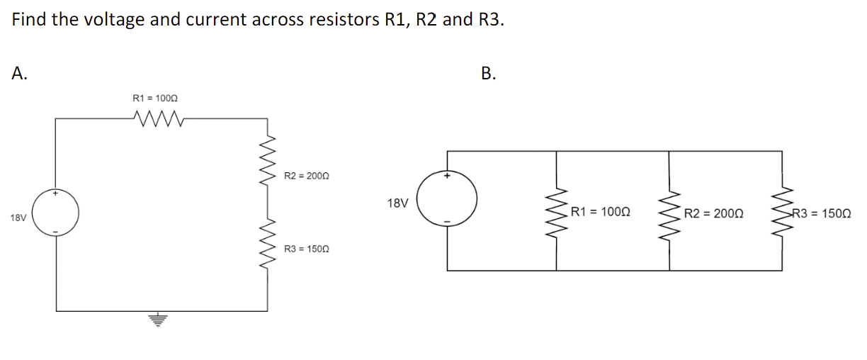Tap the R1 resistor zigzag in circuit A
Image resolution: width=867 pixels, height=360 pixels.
pyautogui.click(x=159, y=117)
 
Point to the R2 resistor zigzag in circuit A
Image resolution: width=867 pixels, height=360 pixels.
pyautogui.click(x=268, y=158)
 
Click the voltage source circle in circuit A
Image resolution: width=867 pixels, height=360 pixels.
pyautogui.click(x=57, y=213)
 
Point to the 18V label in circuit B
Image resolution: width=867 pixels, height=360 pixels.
pyautogui.click(x=398, y=203)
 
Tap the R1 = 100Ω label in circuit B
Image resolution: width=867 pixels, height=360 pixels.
pyautogui.click(x=601, y=212)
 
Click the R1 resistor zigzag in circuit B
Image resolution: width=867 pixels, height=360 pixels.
pyautogui.click(x=557, y=212)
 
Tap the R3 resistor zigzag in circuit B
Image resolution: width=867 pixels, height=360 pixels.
pyautogui.click(x=783, y=212)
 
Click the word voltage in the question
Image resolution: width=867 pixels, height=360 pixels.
pyautogui.click(x=114, y=19)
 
